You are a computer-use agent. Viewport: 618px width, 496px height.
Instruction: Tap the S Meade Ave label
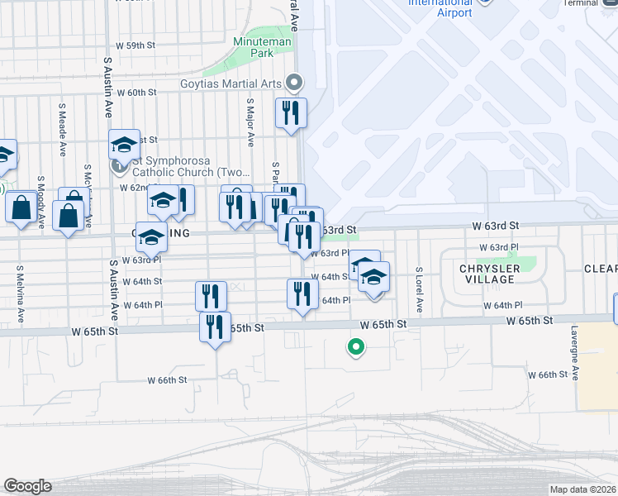63,130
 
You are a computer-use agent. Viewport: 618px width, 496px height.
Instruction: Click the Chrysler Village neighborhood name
491,274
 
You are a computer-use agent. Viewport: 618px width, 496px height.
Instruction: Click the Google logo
27,486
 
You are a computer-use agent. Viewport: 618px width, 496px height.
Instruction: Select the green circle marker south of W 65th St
356,347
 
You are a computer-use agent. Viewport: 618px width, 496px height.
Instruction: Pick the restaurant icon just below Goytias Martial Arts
291,112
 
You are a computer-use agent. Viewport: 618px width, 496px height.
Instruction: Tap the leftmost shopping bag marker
21,207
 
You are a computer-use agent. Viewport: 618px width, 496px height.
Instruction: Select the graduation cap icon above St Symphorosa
124,145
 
